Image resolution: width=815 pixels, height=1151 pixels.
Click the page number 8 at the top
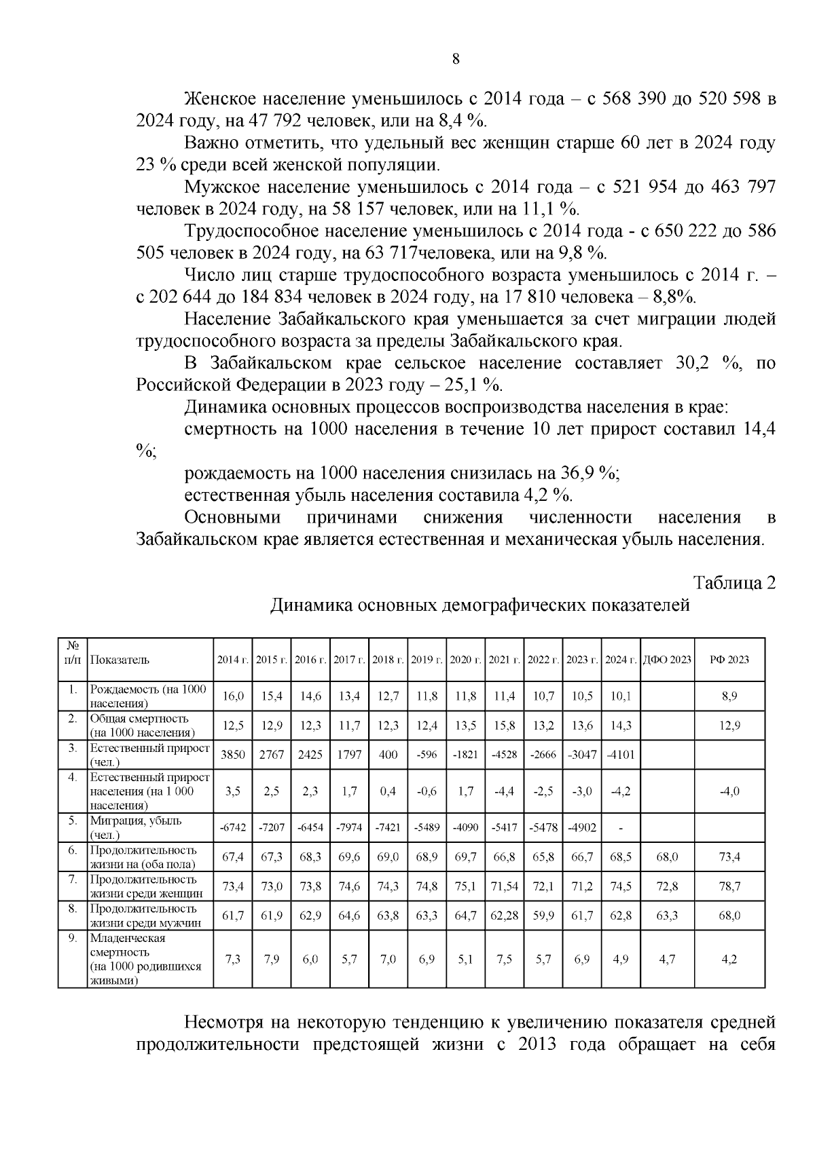456,59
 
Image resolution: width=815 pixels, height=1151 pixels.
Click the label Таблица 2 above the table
733,582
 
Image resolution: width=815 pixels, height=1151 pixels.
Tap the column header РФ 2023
729,660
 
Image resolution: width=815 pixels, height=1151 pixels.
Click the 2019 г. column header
427,660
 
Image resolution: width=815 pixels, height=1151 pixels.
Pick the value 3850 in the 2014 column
233,755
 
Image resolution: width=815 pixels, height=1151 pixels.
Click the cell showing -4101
620,755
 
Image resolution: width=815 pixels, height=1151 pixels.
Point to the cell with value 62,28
504,916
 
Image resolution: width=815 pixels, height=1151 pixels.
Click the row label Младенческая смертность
128,945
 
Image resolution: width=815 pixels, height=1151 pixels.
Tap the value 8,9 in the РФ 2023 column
729,696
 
